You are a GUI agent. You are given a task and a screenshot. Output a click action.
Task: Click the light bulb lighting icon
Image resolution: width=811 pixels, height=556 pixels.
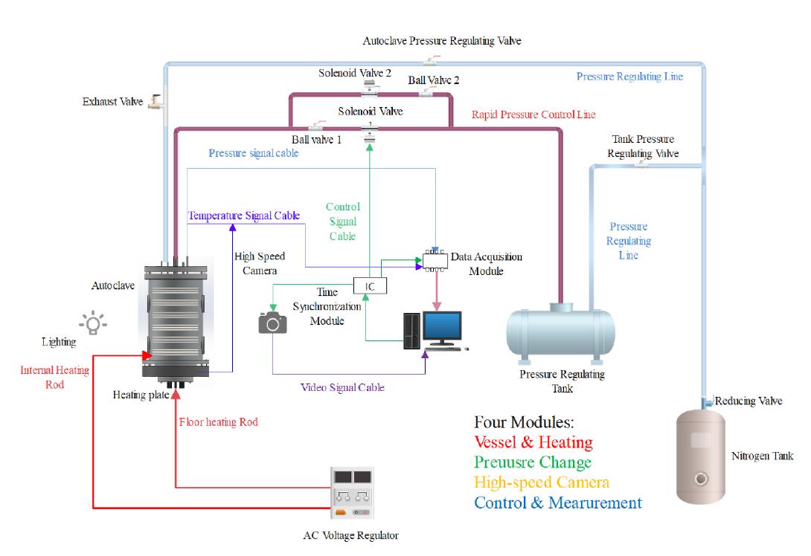click(x=92, y=323)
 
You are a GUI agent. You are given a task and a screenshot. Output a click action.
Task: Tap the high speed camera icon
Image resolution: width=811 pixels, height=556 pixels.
click(x=272, y=323)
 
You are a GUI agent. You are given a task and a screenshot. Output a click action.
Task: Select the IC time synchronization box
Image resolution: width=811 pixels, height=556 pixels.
click(x=370, y=285)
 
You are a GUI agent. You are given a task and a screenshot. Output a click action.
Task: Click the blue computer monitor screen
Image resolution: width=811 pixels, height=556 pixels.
click(x=443, y=328)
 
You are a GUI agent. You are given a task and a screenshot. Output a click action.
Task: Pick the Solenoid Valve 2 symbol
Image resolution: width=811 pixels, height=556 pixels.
click(x=370, y=90)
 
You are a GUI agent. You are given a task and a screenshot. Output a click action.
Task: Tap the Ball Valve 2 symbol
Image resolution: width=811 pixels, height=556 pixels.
click(x=427, y=94)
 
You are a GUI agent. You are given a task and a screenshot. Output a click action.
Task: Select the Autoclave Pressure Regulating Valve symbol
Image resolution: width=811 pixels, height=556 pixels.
click(x=431, y=61)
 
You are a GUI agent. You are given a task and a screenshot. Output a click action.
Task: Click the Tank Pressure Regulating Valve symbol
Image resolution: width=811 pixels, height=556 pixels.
click(x=641, y=167)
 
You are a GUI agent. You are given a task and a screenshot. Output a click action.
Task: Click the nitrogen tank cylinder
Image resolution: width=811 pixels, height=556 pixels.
click(x=699, y=457)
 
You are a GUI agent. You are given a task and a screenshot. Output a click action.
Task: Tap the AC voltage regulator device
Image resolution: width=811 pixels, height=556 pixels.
click(x=350, y=494)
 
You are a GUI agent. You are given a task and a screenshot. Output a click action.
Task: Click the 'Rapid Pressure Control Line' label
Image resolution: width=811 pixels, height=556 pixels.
click(x=533, y=114)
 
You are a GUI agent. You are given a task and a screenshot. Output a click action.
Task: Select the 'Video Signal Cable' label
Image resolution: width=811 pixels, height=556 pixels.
click(x=342, y=387)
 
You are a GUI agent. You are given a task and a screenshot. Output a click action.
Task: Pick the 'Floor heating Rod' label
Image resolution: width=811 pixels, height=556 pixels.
click(x=219, y=422)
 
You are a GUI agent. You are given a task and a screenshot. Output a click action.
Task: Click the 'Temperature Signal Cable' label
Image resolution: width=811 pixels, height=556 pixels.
click(x=244, y=216)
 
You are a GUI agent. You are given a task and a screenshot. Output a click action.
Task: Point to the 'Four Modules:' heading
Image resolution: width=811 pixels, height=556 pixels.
click(x=524, y=422)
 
